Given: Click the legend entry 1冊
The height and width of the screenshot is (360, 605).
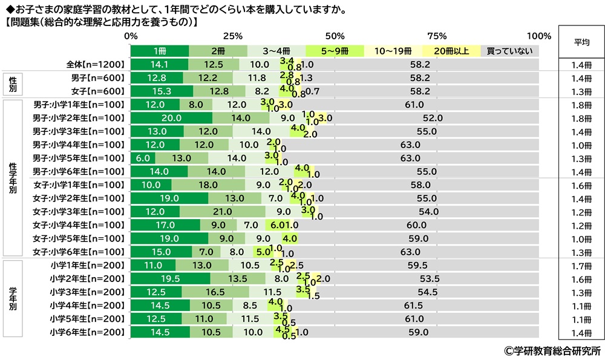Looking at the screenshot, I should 159,51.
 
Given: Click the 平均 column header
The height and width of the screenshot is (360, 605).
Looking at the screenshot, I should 581,42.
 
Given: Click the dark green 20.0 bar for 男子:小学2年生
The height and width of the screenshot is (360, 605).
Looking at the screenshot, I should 171,118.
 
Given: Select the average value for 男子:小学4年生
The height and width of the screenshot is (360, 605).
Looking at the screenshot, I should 581,145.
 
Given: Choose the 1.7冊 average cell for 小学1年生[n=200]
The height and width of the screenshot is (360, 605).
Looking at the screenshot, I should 581,265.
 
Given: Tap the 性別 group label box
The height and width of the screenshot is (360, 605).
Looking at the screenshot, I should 13,84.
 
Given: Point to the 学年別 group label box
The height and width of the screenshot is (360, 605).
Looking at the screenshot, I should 13,298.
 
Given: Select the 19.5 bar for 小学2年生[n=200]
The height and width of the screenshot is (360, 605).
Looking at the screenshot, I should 171,278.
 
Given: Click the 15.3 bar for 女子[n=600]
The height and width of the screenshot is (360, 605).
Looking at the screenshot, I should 162,91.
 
